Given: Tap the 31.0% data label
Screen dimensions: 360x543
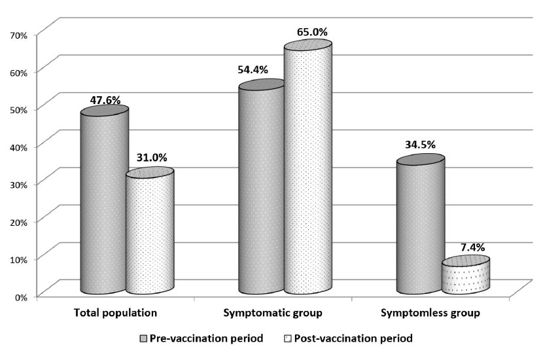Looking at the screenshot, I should pyautogui.click(x=151, y=157).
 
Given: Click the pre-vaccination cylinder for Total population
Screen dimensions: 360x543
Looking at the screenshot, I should pyautogui.click(x=105, y=203).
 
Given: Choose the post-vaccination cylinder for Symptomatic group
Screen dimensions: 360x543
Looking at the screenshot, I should pyautogui.click(x=308, y=170).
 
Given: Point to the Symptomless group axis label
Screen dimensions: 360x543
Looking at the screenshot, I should pyautogui.click(x=430, y=313).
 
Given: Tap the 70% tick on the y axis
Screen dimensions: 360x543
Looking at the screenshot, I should pyautogui.click(x=17, y=34).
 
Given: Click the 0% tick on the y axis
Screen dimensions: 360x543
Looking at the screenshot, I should pyautogui.click(x=20, y=297).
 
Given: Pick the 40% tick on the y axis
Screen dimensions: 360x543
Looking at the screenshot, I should pyautogui.click(x=17, y=147).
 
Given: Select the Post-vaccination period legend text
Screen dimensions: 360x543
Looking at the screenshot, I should pyautogui.click(x=353, y=339).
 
